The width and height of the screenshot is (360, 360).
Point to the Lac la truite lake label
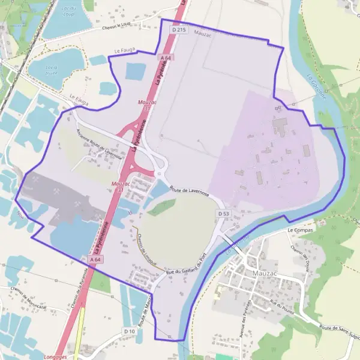[52, 70]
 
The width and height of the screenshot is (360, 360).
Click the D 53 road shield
[224, 214]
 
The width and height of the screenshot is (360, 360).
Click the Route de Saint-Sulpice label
[338, 328]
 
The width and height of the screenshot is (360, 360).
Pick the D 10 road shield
[129, 331]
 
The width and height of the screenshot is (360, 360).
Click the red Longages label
[56, 355]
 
